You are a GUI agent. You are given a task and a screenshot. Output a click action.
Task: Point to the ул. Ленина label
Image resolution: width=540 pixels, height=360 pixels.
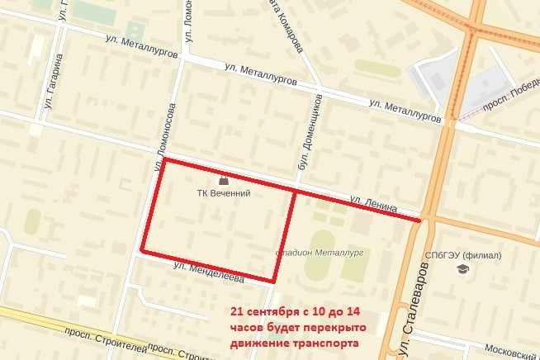(373, 201)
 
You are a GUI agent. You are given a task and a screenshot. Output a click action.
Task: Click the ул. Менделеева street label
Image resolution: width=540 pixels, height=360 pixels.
(209, 273)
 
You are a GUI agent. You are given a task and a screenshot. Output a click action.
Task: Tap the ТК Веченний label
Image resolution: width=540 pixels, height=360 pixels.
(223, 194)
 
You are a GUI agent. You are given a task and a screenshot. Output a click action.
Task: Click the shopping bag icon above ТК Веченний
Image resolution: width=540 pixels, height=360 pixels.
(223, 180)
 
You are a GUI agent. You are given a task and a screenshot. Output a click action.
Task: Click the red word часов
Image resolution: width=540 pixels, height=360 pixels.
(248, 327)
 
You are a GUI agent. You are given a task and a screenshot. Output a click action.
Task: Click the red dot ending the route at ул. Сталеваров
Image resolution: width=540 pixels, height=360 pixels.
(421, 220)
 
